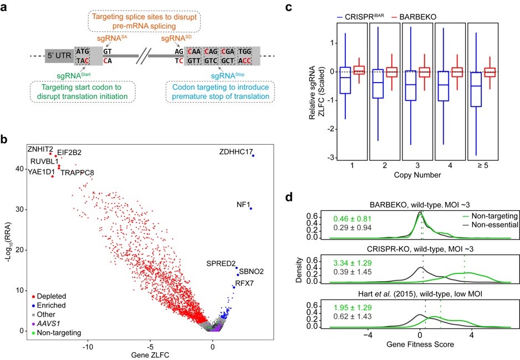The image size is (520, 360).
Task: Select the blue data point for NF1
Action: (251, 209)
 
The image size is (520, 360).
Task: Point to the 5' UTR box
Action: (58, 55)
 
